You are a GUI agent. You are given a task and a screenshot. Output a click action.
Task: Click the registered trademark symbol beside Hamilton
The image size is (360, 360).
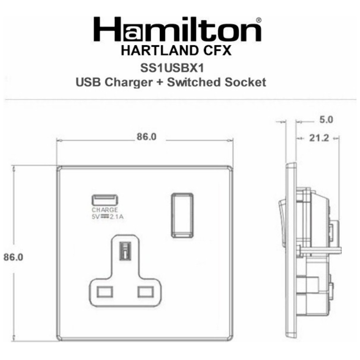pyautogui.click(x=259, y=21)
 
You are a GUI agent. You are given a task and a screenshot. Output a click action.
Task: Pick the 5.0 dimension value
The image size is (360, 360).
pyautogui.click(x=326, y=120)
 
